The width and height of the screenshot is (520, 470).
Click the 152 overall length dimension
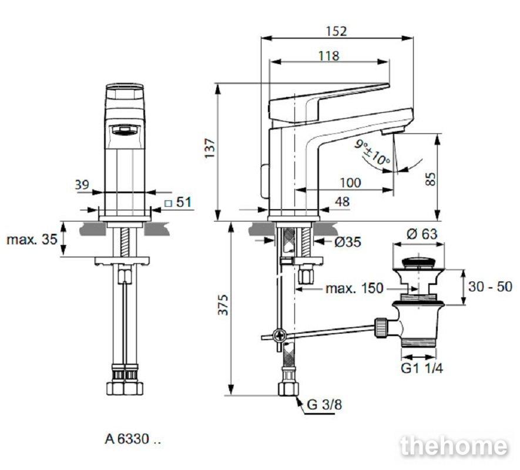coord(336,31)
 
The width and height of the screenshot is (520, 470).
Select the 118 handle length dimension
coord(328,56)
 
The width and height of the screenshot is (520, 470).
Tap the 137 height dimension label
coord(210,148)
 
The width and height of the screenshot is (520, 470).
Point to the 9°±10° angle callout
coord(372,152)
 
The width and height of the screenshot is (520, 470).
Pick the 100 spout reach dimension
coord(351,183)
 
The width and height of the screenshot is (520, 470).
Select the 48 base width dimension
coord(342,202)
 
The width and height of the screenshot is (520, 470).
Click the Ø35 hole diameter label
coord(348,242)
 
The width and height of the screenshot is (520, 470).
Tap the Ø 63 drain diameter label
coord(422,234)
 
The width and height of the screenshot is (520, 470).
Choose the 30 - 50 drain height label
coord(490,286)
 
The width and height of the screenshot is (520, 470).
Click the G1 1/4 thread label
coord(422,368)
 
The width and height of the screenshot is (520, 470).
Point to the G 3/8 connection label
coord(324,404)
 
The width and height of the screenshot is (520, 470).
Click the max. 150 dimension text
coord(354,288)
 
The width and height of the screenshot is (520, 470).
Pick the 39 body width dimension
coord(82,184)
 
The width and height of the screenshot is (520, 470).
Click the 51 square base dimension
coord(178,202)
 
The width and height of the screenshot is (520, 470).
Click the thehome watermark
coord(454,446)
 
